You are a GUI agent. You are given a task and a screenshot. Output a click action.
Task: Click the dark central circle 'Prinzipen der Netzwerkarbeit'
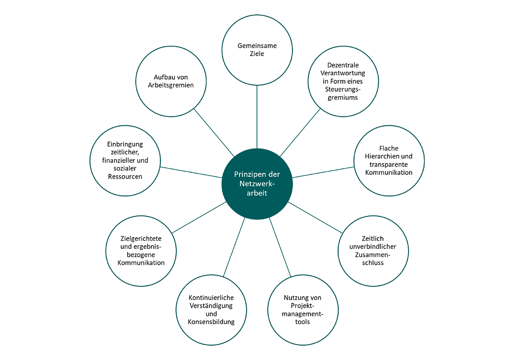(257, 184)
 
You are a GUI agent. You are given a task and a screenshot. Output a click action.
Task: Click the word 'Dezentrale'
(343, 65)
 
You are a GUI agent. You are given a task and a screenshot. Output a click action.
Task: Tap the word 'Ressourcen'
(125, 176)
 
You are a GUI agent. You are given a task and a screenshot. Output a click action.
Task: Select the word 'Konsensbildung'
(211, 321)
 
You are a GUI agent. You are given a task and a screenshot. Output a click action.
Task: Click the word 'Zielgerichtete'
(141, 238)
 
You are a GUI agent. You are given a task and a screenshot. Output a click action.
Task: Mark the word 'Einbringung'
(125, 145)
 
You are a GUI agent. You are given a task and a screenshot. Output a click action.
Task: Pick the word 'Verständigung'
(211, 305)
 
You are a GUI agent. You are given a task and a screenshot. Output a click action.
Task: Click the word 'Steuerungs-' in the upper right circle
(343, 89)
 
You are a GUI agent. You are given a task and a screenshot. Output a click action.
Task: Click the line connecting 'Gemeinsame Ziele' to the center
(257, 117)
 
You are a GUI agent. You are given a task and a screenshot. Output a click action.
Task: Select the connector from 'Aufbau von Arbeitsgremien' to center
(214, 133)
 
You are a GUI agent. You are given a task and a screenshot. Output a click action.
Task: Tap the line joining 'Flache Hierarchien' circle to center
(323, 172)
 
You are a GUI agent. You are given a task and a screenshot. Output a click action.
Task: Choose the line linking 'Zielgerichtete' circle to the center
(199, 218)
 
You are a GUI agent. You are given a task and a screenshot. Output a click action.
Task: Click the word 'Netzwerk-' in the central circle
(257, 184)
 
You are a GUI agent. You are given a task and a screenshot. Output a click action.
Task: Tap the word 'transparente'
(389, 165)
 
